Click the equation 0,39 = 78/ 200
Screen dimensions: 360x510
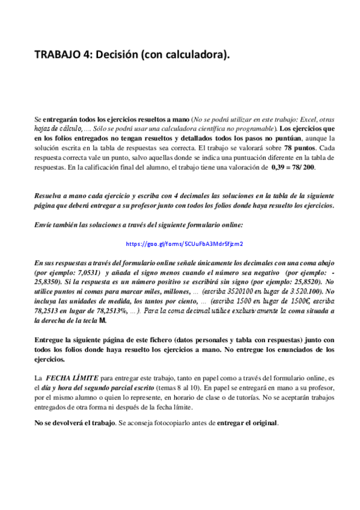(293, 167)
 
